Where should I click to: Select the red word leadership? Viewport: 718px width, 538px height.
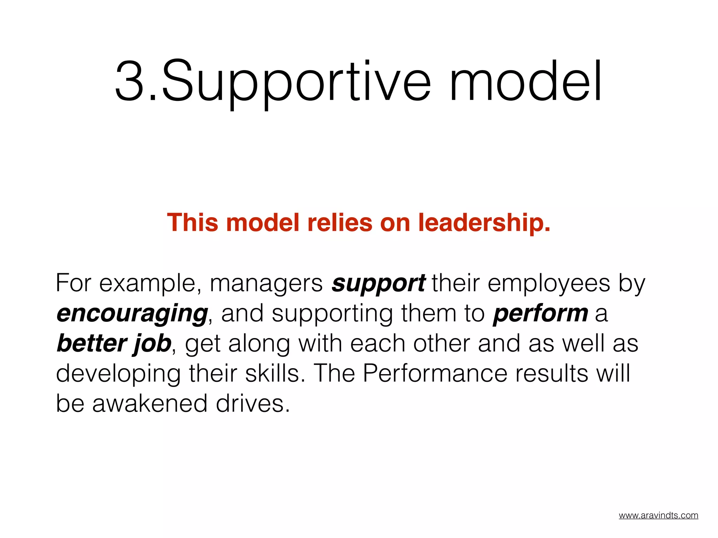tap(484, 223)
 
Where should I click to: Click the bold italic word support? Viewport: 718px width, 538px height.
tap(379, 284)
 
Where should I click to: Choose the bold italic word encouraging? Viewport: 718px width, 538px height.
tap(132, 314)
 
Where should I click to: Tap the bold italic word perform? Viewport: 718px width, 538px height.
tap(540, 313)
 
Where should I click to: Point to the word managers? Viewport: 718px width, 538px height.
tap(266, 284)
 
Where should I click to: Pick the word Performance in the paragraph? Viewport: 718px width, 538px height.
tap(435, 373)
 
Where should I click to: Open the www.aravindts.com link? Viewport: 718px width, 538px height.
tap(658, 515)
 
